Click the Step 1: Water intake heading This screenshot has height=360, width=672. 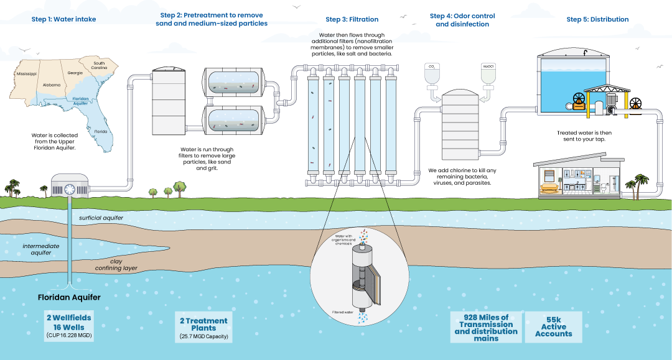click(63, 19)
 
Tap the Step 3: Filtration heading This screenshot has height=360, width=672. click(352, 19)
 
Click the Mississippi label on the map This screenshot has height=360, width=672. click(22, 73)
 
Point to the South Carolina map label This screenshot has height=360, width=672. click(99, 65)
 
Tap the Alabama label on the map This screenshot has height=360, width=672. click(52, 85)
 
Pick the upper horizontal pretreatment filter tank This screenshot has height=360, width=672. click(235, 82)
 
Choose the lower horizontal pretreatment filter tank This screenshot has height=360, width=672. click(235, 119)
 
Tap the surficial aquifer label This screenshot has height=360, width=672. click(101, 218)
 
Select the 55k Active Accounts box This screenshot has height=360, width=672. click(553, 326)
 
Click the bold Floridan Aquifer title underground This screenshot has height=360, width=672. click(69, 297)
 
